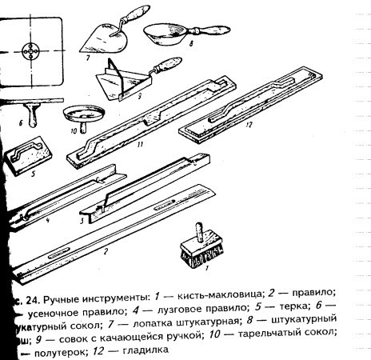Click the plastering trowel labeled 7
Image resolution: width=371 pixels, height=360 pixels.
102,34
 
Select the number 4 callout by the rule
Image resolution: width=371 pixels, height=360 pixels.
49,221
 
